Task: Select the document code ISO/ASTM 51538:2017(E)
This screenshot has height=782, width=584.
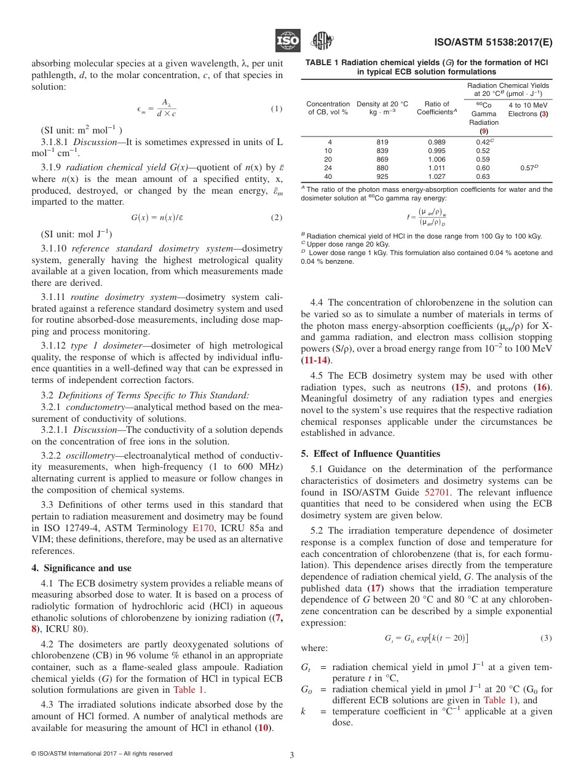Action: pyautogui.click(x=494, y=43)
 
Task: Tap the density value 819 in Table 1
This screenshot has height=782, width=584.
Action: pyautogui.click(x=382, y=142)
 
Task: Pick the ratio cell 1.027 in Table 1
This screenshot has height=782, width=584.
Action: pyautogui.click(x=436, y=176)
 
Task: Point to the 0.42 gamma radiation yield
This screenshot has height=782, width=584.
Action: pyautogui.click(x=484, y=142)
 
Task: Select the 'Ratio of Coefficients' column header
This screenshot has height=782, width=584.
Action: pyautogui.click(x=436, y=108)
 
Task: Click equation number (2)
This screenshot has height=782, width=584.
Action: pyautogui.click(x=277, y=218)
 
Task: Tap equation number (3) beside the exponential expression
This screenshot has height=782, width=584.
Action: pyautogui.click(x=546, y=638)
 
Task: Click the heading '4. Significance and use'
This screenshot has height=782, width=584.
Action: pyautogui.click(x=82, y=567)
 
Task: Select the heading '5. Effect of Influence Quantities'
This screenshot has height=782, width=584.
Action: pyautogui.click(x=370, y=454)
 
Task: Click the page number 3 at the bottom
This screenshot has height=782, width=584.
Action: pyautogui.click(x=292, y=754)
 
